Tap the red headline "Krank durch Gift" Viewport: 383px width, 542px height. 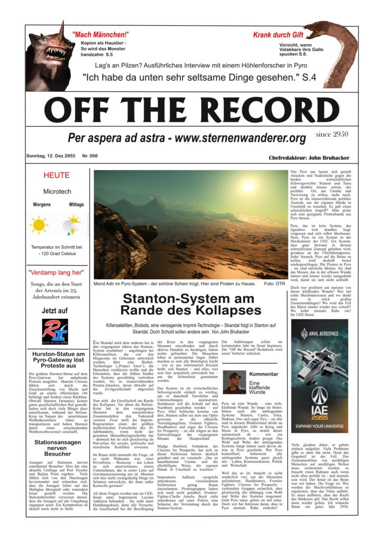click(x=278, y=35)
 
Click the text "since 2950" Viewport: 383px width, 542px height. click(x=332, y=135)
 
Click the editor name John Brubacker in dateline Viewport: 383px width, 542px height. click(x=326, y=158)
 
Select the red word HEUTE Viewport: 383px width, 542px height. click(x=57, y=175)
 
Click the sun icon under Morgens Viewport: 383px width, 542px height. click(x=39, y=224)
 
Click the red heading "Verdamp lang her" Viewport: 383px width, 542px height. click(x=56, y=273)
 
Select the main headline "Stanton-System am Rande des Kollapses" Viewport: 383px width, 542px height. click(x=189, y=305)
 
